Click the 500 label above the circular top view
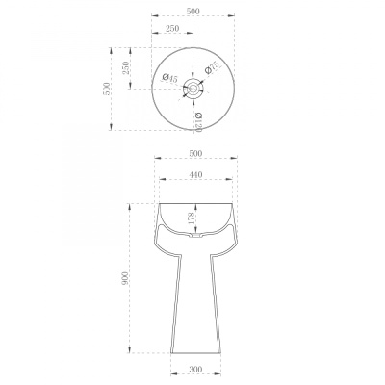click(x=192, y=11)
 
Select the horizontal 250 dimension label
click(x=172, y=28)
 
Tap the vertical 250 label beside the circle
click(x=125, y=68)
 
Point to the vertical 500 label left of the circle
click(x=107, y=89)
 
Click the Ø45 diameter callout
click(x=170, y=78)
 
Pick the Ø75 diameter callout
click(x=212, y=67)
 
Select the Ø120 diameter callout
click(x=198, y=122)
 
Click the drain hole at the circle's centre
click(x=192, y=89)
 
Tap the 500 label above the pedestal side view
click(x=195, y=154)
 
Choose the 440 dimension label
click(x=195, y=175)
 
